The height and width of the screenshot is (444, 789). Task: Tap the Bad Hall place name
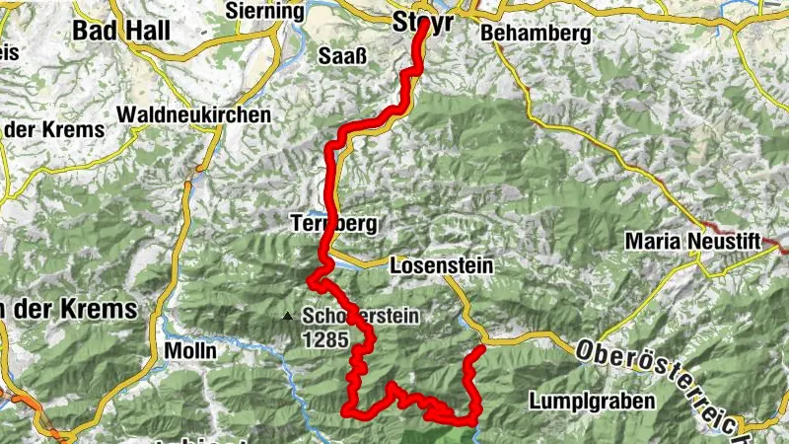120,30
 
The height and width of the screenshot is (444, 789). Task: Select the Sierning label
265,11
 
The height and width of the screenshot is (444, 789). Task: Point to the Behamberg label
536,34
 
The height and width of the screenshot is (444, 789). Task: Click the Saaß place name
342,54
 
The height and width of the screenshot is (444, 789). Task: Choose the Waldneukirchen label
193,114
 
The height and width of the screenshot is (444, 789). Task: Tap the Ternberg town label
334,224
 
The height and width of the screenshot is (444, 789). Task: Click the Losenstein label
441,266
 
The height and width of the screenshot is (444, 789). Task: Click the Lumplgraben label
592,402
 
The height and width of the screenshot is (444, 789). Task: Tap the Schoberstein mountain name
362,317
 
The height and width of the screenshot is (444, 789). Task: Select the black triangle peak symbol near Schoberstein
287,317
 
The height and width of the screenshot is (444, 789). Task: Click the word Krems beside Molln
99,309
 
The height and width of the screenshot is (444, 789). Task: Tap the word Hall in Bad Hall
147,30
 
